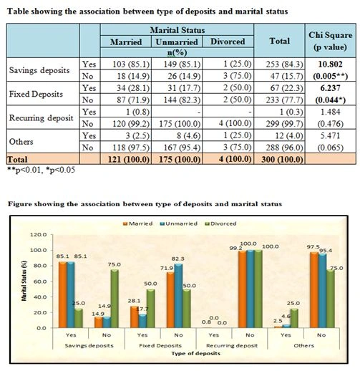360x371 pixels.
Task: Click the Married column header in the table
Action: tap(126, 42)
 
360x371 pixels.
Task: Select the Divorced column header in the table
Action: tap(228, 42)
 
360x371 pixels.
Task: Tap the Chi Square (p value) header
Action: tap(331, 41)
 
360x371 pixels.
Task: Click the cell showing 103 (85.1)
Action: tap(131, 64)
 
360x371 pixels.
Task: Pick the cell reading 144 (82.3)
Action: tap(182, 100)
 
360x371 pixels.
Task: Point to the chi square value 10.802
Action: tap(331, 64)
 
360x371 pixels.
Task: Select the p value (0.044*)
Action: tap(331, 100)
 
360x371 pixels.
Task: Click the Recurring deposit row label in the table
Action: tap(41, 118)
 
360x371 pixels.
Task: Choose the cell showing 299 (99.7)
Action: tap(285, 123)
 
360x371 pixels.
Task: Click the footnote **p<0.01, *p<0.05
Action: tap(42, 170)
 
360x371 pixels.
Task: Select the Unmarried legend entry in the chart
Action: tap(179, 223)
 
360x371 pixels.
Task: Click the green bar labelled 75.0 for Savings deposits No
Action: tap(115, 299)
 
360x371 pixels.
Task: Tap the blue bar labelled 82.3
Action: tap(178, 296)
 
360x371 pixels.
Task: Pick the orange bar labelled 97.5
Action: tap(313, 290)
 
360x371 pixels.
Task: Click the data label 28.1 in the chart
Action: tap(134, 301)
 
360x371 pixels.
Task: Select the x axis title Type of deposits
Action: tap(195, 353)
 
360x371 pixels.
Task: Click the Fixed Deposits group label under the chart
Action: tap(160, 345)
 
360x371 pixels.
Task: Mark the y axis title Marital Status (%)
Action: tap(24, 281)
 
